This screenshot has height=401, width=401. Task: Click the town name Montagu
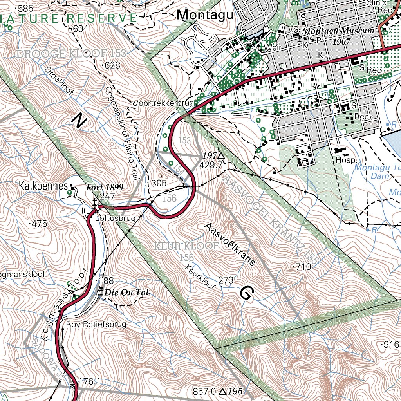point(205,15)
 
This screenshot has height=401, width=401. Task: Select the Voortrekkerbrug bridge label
point(164,103)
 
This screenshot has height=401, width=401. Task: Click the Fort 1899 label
point(105,187)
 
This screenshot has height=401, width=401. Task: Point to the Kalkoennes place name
point(43,186)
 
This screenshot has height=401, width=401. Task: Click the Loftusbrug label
point(115,218)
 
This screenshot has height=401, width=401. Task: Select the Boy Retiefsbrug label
point(96,324)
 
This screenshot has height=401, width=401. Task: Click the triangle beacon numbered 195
point(222,391)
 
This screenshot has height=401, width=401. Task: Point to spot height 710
point(302,267)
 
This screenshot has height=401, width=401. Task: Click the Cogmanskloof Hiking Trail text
point(123,133)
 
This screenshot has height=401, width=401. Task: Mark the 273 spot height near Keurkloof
point(226,280)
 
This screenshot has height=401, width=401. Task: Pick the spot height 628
point(112,65)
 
